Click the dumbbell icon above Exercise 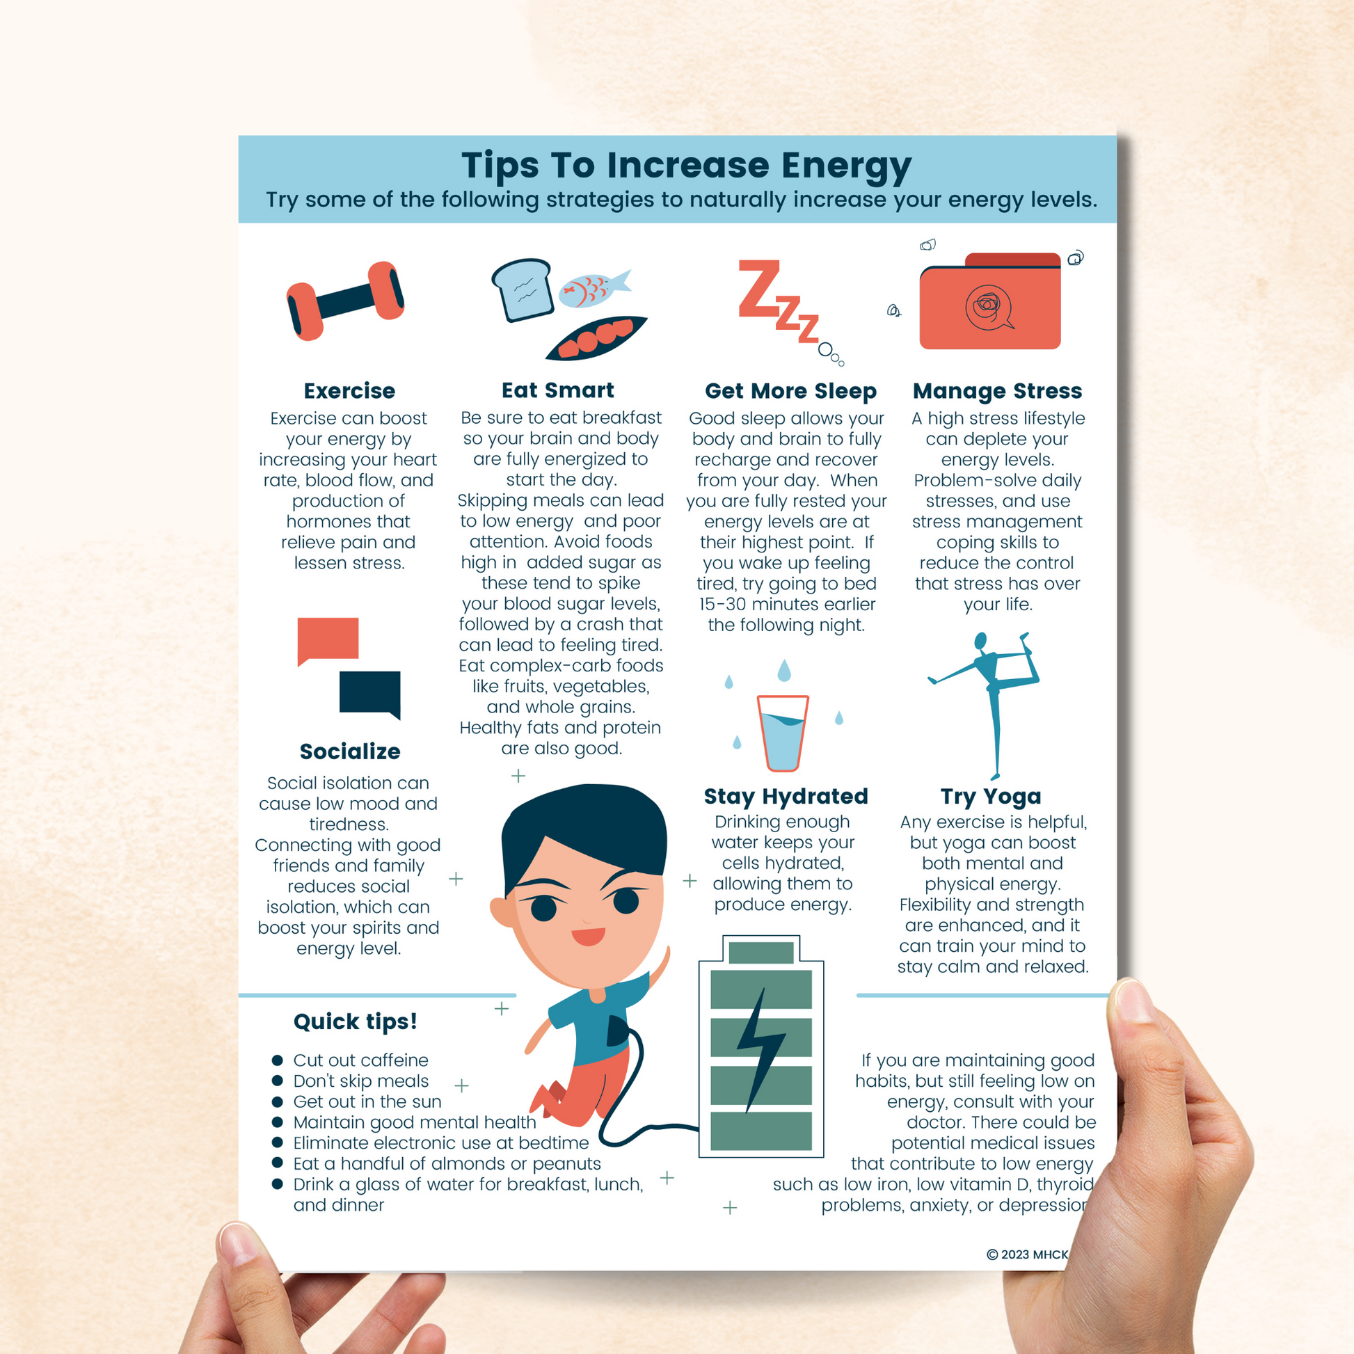coord(345,301)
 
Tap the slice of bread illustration coord(522,289)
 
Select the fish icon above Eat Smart coord(592,288)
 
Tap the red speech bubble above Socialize coord(327,639)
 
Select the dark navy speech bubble coord(369,692)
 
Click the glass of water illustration coord(783,733)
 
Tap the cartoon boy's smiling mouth coord(587,937)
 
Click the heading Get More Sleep coord(790,390)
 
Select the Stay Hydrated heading coord(786,796)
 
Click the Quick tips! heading coord(356,1021)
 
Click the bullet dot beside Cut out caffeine coord(278,1060)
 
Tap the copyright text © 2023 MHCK coord(1027,1255)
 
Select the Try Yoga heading coord(990,796)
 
